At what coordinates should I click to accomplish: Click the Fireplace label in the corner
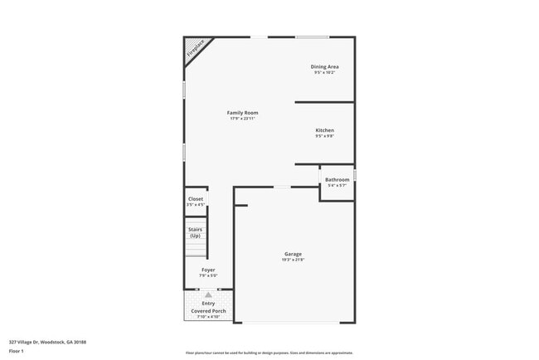point(195,48)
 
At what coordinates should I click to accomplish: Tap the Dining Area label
point(324,66)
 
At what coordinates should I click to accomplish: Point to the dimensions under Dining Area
point(324,73)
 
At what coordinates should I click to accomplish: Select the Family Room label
point(243,112)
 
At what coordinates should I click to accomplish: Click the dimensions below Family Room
point(243,119)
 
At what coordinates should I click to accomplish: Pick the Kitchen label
point(324,130)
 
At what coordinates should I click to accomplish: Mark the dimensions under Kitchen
point(324,137)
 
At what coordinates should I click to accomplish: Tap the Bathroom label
point(337,179)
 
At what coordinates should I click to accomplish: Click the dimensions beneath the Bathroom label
point(337,186)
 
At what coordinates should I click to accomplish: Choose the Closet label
point(196,199)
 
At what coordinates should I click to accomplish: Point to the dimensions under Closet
point(196,205)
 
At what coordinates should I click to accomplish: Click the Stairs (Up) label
point(196,232)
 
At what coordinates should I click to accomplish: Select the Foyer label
point(208,270)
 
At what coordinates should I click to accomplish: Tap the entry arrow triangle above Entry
point(208,294)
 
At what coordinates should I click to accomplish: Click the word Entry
point(208,304)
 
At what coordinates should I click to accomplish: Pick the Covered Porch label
point(208,310)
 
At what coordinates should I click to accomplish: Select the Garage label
point(294,254)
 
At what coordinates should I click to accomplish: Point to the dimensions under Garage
point(294,260)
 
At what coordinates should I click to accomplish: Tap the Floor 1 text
point(17,351)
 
